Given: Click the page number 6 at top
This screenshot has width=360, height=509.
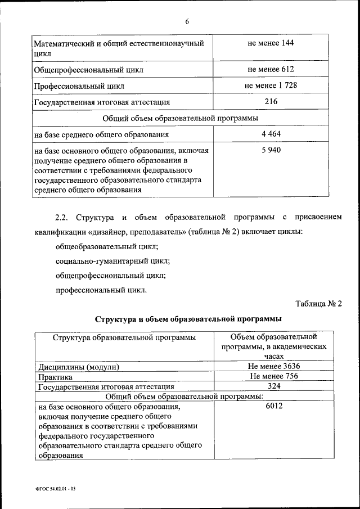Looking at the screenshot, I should pyautogui.click(x=187, y=21).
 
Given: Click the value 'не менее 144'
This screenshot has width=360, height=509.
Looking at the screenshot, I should pyautogui.click(x=271, y=43).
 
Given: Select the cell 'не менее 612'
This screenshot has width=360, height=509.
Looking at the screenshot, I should pyautogui.click(x=271, y=70).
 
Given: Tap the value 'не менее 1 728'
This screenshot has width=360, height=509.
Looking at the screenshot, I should pyautogui.click(x=271, y=85).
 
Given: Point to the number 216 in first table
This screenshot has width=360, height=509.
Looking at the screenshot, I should pyautogui.click(x=271, y=101).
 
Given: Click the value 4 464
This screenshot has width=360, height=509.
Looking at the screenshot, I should pyautogui.click(x=271, y=134).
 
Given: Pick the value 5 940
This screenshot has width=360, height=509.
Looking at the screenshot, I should pyautogui.click(x=271, y=150).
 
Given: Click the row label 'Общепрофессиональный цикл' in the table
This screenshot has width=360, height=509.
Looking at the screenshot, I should pyautogui.click(x=89, y=71).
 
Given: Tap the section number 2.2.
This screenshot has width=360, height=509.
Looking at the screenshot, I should pyautogui.click(x=61, y=217).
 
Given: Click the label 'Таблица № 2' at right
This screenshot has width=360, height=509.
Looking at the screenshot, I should pyautogui.click(x=318, y=304).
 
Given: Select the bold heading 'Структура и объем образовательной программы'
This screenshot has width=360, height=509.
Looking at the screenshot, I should pyautogui.click(x=188, y=319).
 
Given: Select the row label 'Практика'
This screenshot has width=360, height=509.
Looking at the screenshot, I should pyautogui.click(x=55, y=377).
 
